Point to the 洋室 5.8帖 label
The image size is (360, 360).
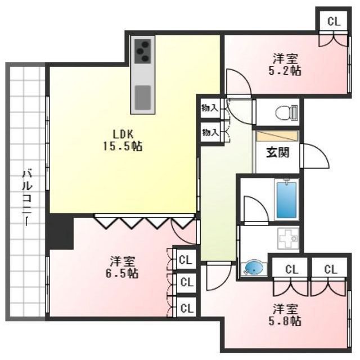[286, 315]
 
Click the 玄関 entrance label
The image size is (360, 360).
[277, 152]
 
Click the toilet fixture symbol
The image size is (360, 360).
[286, 113]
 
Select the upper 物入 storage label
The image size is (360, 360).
[210, 108]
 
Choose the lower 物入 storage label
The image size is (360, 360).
[210, 133]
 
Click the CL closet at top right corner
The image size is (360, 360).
[333, 22]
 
